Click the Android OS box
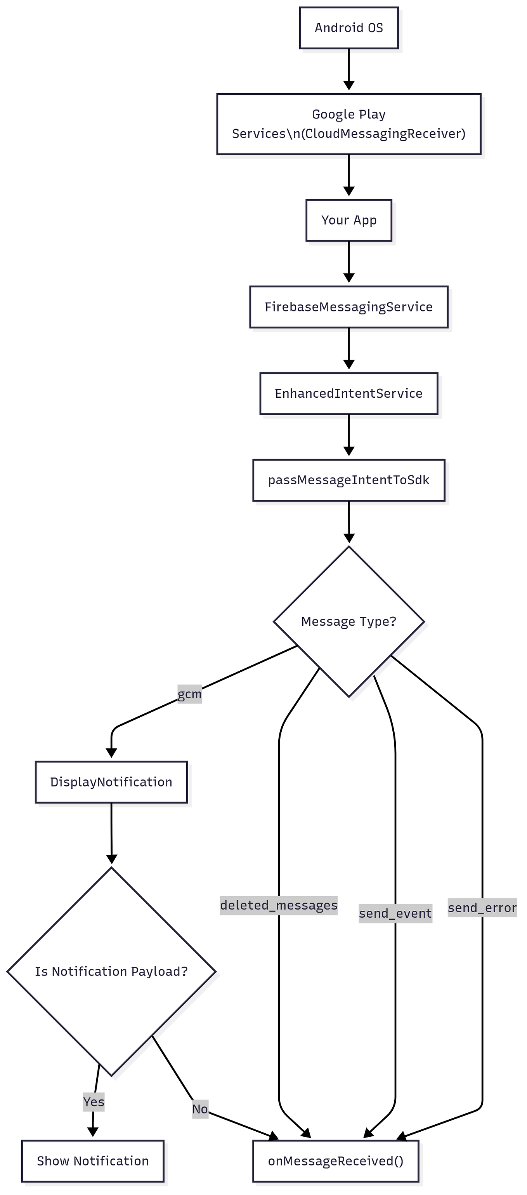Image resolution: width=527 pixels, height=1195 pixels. click(348, 28)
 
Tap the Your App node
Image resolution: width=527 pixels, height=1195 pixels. click(348, 220)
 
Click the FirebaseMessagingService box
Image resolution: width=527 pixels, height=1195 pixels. click(348, 307)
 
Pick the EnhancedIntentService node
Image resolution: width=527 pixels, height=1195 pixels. click(348, 393)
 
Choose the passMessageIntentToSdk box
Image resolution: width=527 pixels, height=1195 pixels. click(348, 480)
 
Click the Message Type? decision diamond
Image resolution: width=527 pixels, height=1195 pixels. click(348, 621)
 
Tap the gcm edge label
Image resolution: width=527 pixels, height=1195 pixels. click(189, 694)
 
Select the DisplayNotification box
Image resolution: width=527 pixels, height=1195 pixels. click(111, 782)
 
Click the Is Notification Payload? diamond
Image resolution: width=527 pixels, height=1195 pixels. click(111, 971)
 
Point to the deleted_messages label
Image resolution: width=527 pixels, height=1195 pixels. click(279, 905)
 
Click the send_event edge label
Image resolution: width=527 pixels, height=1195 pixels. click(395, 913)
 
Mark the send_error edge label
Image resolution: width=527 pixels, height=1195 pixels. click(482, 908)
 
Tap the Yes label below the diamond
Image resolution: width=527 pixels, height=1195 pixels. click(94, 1101)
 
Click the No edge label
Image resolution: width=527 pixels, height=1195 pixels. click(200, 1109)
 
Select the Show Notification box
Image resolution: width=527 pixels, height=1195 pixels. click(93, 1161)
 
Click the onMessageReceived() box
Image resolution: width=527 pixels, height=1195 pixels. click(336, 1161)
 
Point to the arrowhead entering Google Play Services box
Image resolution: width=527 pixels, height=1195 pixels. click(349, 86)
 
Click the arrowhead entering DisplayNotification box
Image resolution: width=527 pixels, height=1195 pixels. click(111, 752)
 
